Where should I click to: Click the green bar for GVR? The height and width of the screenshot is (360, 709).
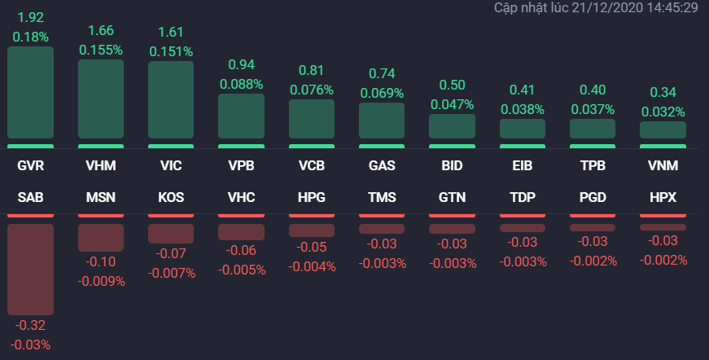coord(31,93)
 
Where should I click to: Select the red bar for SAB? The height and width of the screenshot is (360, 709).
coord(31,269)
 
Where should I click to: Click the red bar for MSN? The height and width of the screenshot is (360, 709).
coord(101,237)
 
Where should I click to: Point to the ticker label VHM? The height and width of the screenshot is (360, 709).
coord(101,166)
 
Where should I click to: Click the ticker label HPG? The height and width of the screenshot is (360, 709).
coord(312,198)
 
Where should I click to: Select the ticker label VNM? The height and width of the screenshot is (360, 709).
coord(663,166)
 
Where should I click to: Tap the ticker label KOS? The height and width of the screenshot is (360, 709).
coord(171,198)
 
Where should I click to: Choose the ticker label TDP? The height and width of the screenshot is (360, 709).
coord(522,198)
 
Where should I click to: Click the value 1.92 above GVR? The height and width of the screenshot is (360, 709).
coord(31,17)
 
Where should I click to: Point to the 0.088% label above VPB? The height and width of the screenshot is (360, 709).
coord(241,84)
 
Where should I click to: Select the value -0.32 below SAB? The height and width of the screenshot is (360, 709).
coord(31,326)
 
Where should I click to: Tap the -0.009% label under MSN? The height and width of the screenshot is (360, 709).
coord(101,281)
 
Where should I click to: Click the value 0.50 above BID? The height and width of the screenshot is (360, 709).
coord(452,85)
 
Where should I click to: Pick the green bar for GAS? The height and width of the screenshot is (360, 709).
coord(382,121)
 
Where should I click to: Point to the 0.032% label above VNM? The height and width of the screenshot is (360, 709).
coord(663,112)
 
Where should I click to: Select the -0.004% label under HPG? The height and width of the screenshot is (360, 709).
coord(312,266)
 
